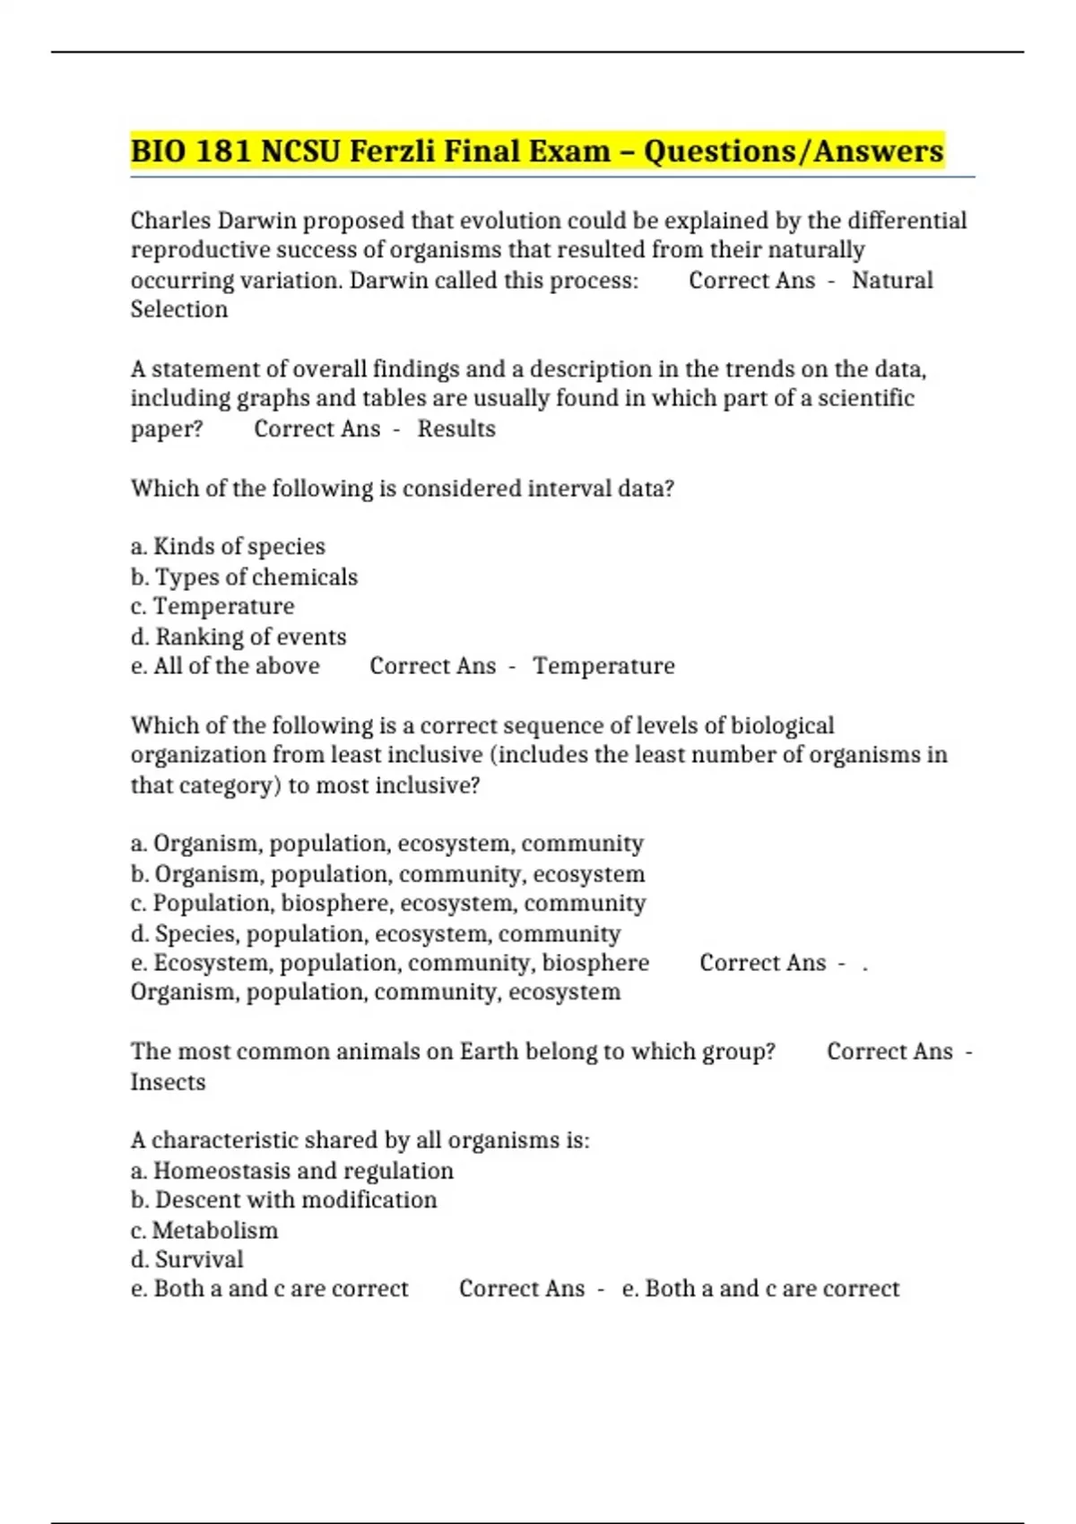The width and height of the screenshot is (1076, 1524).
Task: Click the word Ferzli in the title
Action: point(390,151)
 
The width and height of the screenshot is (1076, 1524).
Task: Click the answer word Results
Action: point(456,429)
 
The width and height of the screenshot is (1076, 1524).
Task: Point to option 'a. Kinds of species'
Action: point(228,546)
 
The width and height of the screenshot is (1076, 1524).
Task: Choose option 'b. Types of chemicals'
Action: point(244,576)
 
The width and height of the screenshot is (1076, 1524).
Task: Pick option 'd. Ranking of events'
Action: point(239,636)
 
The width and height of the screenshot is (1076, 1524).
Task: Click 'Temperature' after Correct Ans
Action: point(603,666)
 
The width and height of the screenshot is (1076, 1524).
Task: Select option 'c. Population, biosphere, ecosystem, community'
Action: point(388,903)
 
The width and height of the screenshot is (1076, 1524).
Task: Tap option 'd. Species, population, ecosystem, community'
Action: point(376,933)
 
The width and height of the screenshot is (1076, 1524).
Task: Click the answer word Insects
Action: point(168,1082)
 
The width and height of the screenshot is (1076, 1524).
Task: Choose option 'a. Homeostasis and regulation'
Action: point(292,1171)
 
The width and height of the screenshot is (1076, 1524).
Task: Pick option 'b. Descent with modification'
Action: point(283,1199)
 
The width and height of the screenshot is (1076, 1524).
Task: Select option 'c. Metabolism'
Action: point(204,1230)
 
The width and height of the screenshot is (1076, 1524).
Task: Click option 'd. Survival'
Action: point(187,1260)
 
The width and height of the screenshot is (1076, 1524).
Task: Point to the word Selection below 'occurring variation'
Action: point(179,309)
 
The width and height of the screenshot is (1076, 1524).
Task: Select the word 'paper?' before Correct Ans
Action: point(167,429)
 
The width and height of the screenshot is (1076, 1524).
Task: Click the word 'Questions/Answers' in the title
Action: point(794,151)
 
